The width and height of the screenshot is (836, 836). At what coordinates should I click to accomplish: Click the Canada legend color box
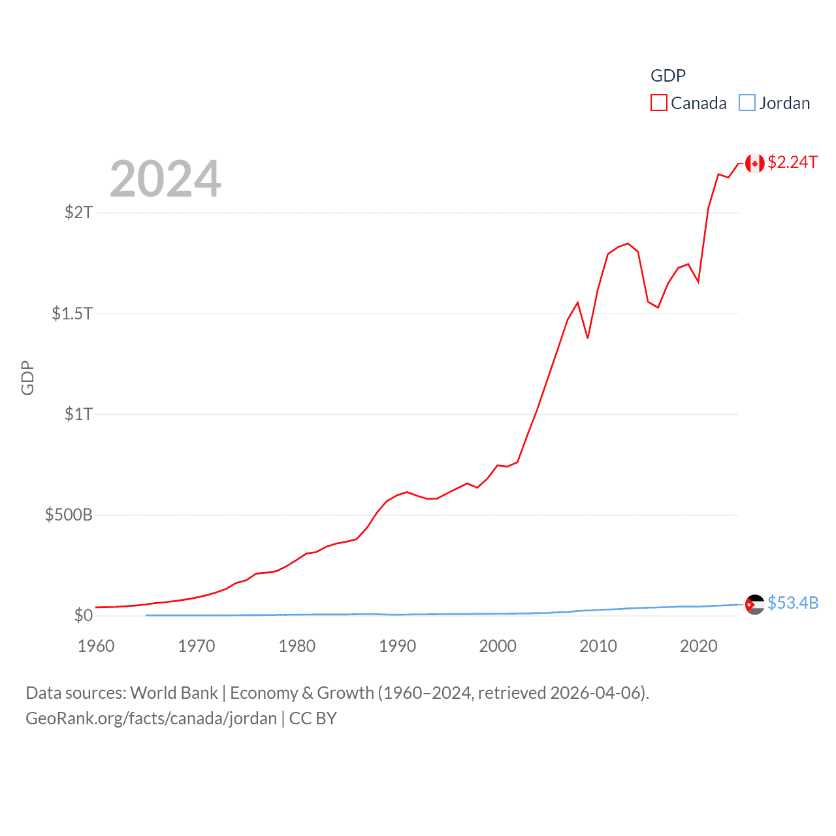(x=658, y=103)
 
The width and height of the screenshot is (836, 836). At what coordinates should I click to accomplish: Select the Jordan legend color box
(x=747, y=103)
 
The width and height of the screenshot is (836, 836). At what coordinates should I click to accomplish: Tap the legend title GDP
(x=667, y=76)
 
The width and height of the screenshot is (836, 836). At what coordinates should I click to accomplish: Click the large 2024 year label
(x=165, y=179)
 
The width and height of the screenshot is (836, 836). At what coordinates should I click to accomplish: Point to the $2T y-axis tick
(x=78, y=212)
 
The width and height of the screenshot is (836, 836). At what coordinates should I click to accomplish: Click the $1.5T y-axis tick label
(x=72, y=313)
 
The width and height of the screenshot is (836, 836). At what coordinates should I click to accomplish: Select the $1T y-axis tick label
(x=78, y=414)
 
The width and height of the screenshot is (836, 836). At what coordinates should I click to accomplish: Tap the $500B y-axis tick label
(x=69, y=515)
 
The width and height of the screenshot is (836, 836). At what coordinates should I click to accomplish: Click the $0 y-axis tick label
(x=83, y=615)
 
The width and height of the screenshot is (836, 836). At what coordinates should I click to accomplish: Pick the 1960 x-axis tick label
(x=96, y=646)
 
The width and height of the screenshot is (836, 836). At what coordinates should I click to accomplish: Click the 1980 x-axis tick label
(x=297, y=646)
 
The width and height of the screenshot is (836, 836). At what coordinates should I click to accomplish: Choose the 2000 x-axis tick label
(x=498, y=646)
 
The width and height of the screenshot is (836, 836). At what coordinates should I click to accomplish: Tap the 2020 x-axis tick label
(x=699, y=646)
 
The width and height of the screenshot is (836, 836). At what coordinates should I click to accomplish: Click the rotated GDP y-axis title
(x=27, y=378)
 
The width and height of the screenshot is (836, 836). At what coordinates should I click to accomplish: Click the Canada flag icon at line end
(x=754, y=163)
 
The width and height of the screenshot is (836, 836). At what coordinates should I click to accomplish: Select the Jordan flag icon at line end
(x=754, y=604)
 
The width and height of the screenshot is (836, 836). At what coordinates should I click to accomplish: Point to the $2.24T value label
(x=792, y=162)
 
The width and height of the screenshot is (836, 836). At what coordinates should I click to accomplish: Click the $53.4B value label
(x=793, y=603)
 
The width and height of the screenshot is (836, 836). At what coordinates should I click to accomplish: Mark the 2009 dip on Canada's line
(x=588, y=338)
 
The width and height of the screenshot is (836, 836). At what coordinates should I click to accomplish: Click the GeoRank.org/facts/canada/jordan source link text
(x=151, y=718)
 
